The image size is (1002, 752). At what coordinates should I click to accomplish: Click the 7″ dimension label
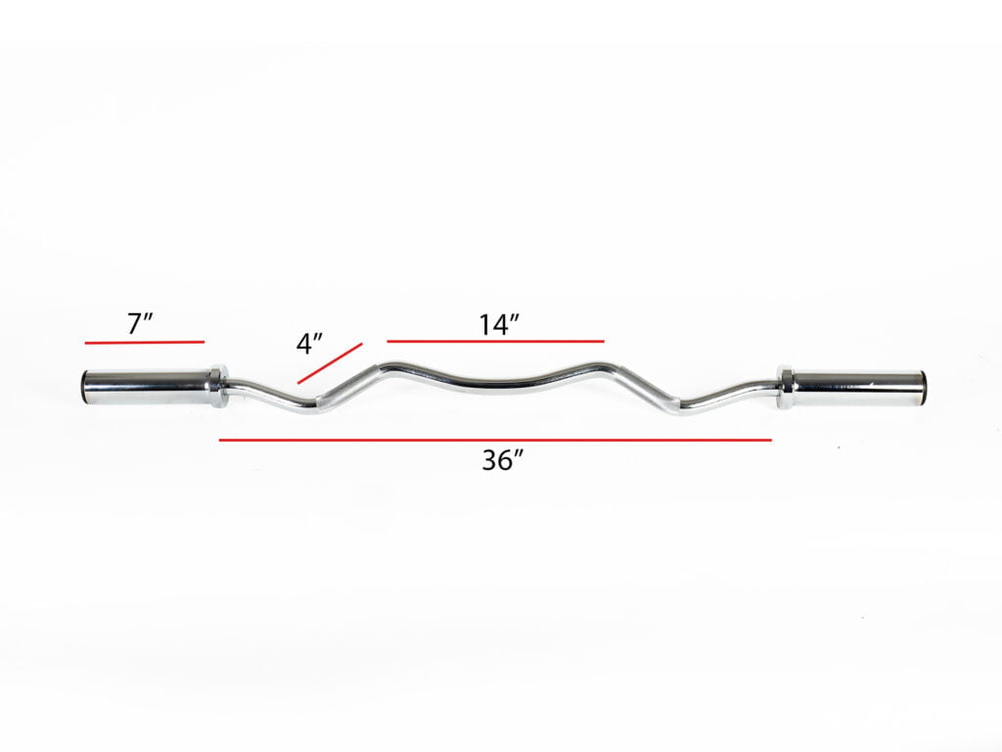point(143,323)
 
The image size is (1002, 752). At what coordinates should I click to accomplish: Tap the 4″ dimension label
point(309,345)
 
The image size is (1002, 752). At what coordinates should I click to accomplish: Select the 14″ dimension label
point(498,324)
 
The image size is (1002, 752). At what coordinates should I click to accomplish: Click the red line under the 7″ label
point(144,342)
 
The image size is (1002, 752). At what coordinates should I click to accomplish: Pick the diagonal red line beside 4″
point(330,362)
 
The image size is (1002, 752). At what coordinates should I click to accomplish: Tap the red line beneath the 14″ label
point(495,341)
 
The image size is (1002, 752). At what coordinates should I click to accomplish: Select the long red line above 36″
point(495,441)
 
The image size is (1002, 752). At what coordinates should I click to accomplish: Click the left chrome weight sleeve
point(147,387)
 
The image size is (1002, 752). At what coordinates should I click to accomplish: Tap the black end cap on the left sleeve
point(84,387)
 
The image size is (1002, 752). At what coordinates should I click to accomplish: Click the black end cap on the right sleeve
point(923,385)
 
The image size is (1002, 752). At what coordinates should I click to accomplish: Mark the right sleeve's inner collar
point(786,386)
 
